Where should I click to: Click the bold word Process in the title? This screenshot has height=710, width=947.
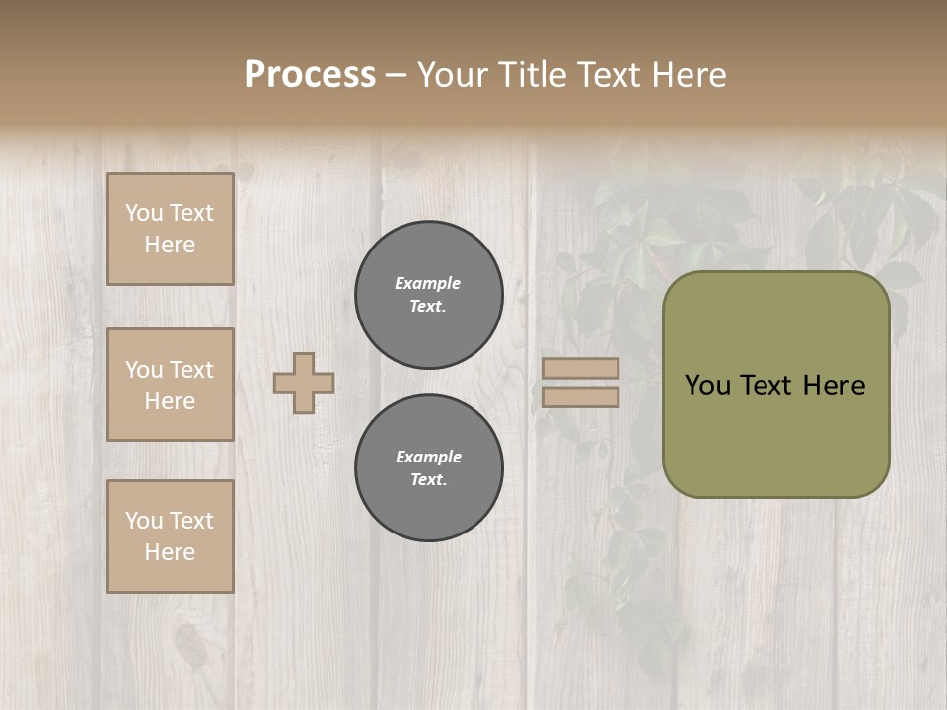[x=310, y=75]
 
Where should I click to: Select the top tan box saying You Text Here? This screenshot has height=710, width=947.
[x=170, y=229]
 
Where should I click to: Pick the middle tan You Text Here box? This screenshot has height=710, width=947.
[x=170, y=385]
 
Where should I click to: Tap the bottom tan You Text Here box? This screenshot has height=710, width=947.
[x=170, y=536]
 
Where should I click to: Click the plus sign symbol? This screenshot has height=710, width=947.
[x=304, y=383]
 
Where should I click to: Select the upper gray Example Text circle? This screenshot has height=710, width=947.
[x=429, y=295]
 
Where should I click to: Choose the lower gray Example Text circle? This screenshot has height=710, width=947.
[x=429, y=468]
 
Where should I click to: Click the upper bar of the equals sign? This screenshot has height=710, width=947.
[x=580, y=368]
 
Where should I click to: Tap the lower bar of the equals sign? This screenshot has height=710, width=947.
[x=580, y=397]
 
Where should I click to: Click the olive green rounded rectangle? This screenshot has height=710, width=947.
[x=775, y=434]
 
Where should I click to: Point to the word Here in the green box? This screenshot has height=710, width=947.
[x=834, y=386]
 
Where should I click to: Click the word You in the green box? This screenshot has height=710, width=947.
[x=706, y=386]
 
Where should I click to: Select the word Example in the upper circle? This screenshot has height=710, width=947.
[x=427, y=283]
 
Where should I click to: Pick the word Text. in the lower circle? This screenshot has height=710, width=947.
[x=429, y=480]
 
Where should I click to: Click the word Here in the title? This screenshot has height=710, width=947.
[x=688, y=75]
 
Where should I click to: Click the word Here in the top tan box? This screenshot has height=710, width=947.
[x=170, y=245]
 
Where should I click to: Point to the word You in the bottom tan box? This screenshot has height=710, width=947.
[x=144, y=521]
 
